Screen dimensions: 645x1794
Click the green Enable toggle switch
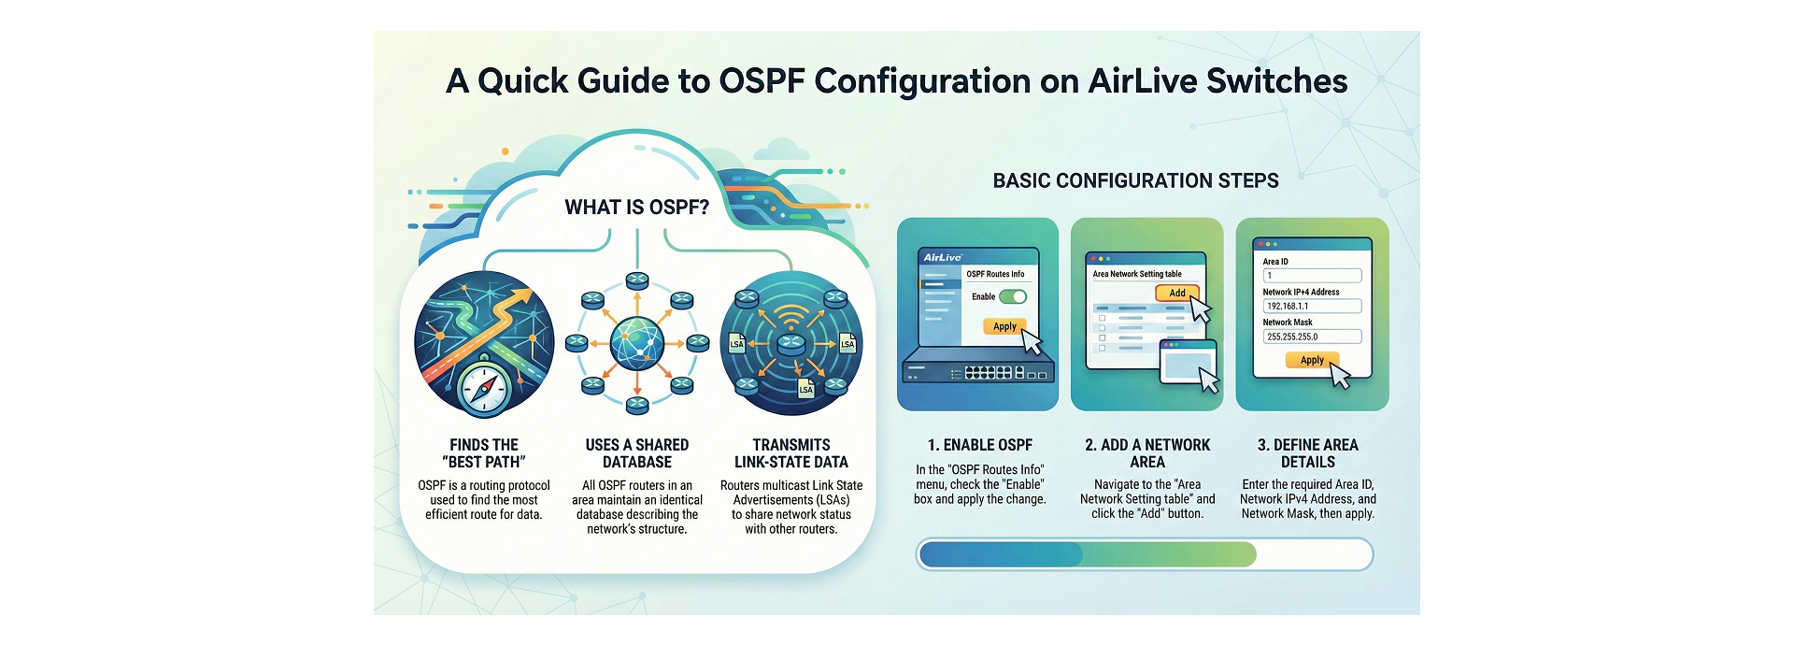(x=1013, y=296)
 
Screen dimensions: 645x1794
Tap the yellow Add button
(x=1176, y=293)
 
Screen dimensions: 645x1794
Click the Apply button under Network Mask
(x=1312, y=360)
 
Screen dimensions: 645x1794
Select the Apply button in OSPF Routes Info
(x=1004, y=326)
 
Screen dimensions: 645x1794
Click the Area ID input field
(x=1312, y=276)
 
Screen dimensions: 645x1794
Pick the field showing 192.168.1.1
(x=1312, y=306)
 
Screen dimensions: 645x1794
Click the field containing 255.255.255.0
(x=1312, y=337)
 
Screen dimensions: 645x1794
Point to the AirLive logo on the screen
(x=943, y=257)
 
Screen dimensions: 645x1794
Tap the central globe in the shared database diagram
(x=637, y=343)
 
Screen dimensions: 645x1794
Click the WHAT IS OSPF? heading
(x=636, y=208)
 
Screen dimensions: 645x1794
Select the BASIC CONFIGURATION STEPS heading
(x=1135, y=180)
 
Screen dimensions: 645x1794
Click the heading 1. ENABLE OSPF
(x=979, y=445)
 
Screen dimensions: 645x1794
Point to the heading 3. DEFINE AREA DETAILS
(x=1307, y=453)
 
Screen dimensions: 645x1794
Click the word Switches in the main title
(x=1276, y=81)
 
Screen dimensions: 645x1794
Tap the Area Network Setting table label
(x=1137, y=274)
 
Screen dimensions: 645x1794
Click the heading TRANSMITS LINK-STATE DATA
(x=790, y=453)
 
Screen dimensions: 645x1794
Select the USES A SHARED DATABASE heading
(x=636, y=453)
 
